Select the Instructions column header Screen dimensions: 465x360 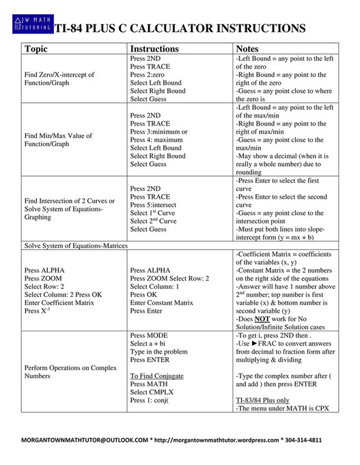(x=154, y=49)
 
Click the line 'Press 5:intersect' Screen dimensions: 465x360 (x=157, y=204)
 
